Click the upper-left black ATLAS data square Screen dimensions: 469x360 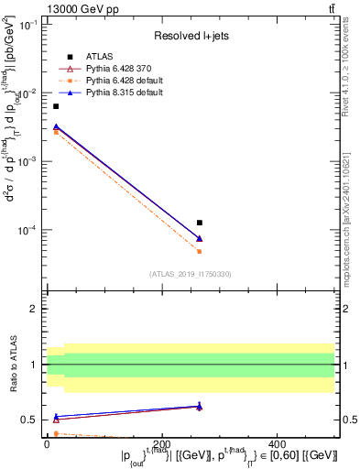(56, 106)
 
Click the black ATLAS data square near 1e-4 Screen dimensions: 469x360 (200, 223)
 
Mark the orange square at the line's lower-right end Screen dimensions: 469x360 (200, 251)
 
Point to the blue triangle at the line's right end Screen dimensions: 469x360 (200, 238)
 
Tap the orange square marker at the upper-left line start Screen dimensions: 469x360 (56, 132)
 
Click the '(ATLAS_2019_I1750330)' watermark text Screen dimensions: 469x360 (191, 274)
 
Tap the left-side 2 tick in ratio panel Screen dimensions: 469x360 (35, 309)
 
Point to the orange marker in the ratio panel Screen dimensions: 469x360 (56, 433)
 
